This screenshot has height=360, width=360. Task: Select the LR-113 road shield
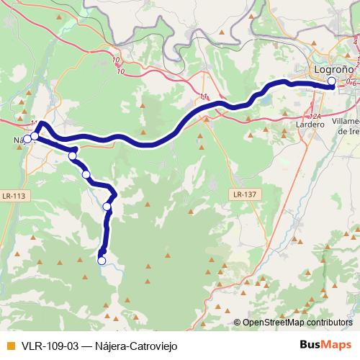click(x=14, y=194)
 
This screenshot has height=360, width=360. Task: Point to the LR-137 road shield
click(x=245, y=194)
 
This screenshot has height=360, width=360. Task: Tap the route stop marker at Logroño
click(x=332, y=82)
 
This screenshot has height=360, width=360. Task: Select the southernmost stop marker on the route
click(x=102, y=261)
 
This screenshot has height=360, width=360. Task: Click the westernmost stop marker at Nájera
click(x=27, y=139)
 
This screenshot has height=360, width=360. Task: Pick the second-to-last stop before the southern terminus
click(x=107, y=207)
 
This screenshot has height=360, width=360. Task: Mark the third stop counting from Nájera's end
click(x=72, y=156)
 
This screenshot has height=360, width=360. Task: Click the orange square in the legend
click(x=10, y=345)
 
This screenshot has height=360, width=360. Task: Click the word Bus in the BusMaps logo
click(x=310, y=344)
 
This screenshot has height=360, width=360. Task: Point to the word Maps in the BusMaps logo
click(x=337, y=344)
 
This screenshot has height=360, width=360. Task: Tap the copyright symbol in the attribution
click(x=238, y=323)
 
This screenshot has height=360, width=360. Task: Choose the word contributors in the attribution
click(x=328, y=323)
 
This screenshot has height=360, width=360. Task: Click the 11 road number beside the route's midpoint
click(x=204, y=96)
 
